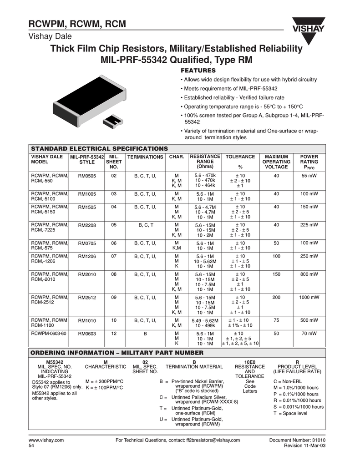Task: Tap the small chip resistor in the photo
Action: [112, 121]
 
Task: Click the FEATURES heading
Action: [198, 71]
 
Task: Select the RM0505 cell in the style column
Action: [86, 176]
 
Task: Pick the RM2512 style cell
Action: [86, 298]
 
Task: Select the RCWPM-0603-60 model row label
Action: [49, 334]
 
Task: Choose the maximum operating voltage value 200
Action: [276, 298]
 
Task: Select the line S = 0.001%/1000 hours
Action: [298, 407]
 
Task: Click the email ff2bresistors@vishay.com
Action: [213, 441]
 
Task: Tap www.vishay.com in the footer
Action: [46, 441]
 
